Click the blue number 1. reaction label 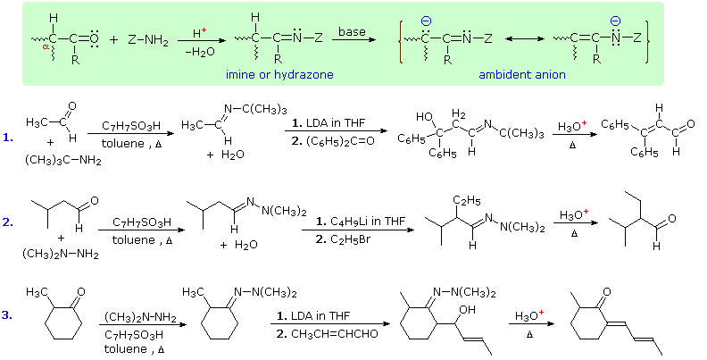click(8, 138)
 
